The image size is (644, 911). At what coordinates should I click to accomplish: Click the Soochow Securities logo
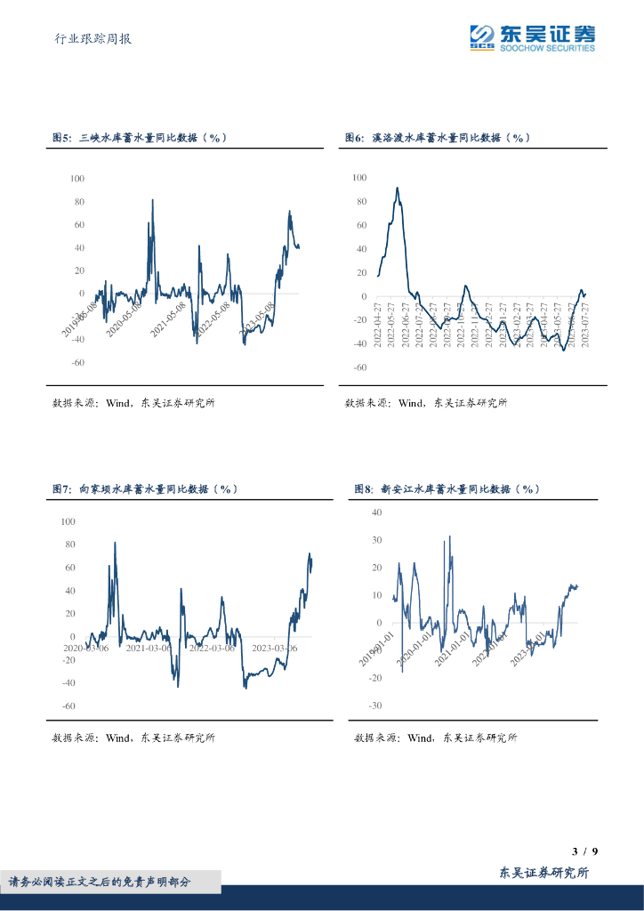click(532, 37)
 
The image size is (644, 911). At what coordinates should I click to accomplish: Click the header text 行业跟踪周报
click(93, 38)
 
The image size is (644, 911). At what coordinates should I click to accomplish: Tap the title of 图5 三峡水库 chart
click(141, 138)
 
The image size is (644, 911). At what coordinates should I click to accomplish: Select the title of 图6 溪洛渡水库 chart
click(438, 138)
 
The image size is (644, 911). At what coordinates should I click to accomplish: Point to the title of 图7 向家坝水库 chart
click(144, 489)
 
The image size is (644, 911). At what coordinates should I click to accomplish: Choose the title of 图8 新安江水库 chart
click(447, 489)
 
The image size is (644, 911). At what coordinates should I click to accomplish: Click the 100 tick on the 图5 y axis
click(77, 179)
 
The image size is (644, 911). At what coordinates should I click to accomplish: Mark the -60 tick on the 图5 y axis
click(77, 363)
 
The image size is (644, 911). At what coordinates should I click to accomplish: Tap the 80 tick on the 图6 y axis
click(360, 201)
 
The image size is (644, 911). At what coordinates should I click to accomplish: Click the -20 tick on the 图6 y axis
click(358, 320)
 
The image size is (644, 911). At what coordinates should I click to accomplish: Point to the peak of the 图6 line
click(397, 188)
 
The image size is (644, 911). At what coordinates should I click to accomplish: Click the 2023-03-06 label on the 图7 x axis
click(275, 648)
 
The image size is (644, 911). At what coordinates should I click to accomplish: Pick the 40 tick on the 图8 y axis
click(376, 512)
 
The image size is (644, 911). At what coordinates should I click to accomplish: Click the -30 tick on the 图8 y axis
click(375, 705)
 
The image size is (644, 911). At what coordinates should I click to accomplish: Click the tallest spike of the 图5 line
click(152, 200)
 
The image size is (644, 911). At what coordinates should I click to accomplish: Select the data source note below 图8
click(435, 738)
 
